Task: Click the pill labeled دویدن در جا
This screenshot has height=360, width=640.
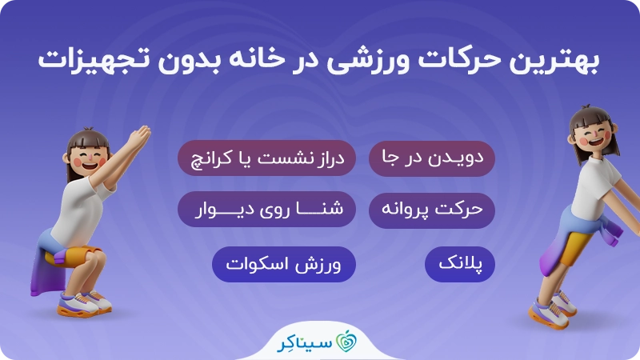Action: (432, 158)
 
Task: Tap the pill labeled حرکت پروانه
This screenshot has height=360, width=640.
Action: (432, 210)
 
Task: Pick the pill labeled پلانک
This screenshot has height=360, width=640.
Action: (460, 264)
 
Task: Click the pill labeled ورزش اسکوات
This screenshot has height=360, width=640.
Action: (284, 264)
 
